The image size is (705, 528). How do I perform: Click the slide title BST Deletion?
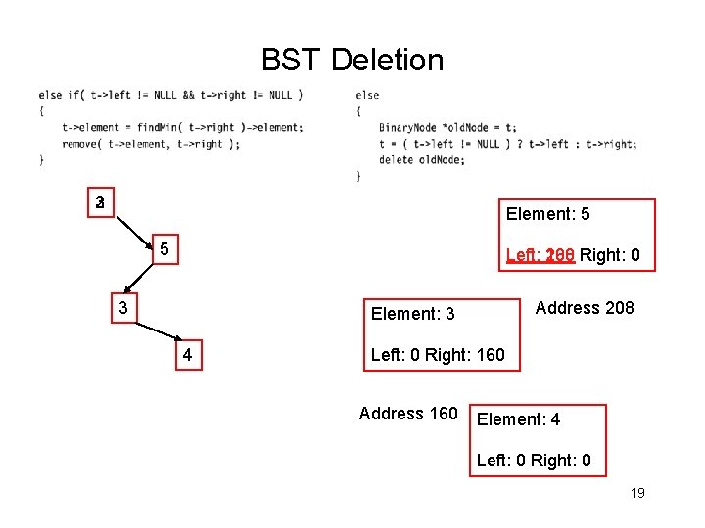pyautogui.click(x=352, y=61)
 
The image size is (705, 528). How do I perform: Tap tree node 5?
pyautogui.click(x=165, y=250)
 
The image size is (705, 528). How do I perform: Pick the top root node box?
pyautogui.click(x=100, y=203)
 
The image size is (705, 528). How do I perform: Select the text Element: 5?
pyautogui.click(x=547, y=214)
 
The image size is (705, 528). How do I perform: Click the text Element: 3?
pyautogui.click(x=412, y=314)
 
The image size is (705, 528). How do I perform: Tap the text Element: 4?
pyautogui.click(x=518, y=419)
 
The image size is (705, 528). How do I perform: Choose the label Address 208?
pyautogui.click(x=585, y=308)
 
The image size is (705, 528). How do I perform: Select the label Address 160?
pyautogui.click(x=408, y=414)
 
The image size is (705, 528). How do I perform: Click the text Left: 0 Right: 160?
pyautogui.click(x=438, y=355)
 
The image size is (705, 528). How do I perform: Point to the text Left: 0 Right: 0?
pyautogui.click(x=534, y=461)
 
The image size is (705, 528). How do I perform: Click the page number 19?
pyautogui.click(x=636, y=493)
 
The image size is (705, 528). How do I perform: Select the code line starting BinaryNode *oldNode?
pyautogui.click(x=447, y=127)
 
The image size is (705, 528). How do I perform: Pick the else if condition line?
pyautogui.click(x=170, y=95)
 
